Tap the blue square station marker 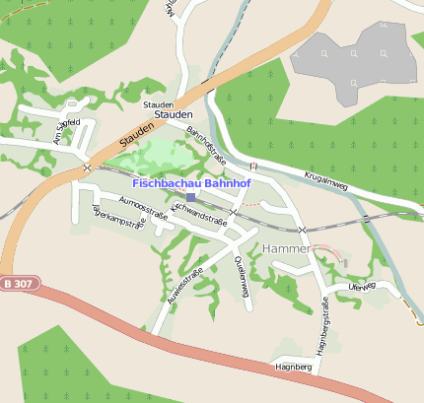pos(190,197)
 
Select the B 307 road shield pos(17,284)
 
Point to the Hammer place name pos(288,250)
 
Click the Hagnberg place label pos(296,367)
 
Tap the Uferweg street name pos(362,286)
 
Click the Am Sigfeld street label pos(67,132)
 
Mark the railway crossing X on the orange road pos(88,168)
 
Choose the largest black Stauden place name pos(174,115)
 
